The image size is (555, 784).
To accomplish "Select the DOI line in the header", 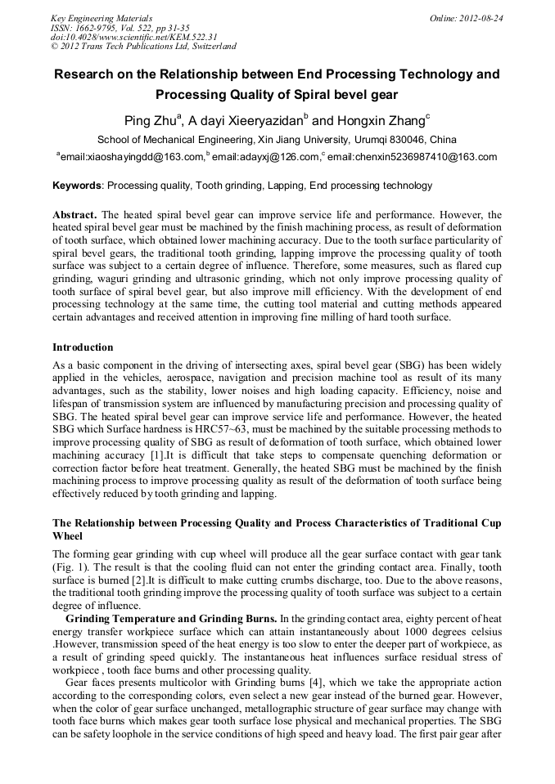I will coord(134,37).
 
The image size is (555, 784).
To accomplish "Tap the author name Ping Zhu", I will coord(150,121).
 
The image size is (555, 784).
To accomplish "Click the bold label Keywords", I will coord(77,186).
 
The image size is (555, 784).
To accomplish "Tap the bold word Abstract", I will coord(74,215).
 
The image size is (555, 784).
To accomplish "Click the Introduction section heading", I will coord(83,347).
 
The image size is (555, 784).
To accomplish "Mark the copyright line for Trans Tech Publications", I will coord(144,47).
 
